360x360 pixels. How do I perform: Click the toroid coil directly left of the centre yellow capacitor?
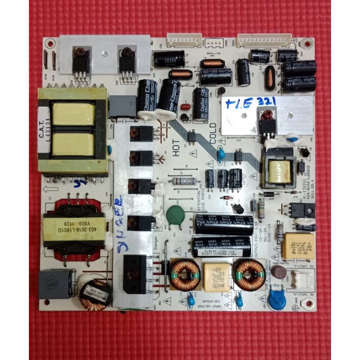pyautogui.click(x=185, y=273)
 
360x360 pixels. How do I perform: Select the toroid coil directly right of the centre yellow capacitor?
pyautogui.click(x=249, y=272)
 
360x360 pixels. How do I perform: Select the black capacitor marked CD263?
pyautogui.click(x=169, y=59)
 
